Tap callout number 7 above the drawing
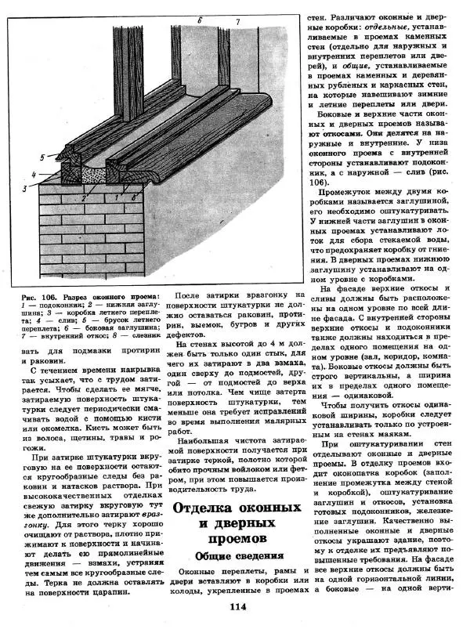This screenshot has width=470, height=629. click(237, 19)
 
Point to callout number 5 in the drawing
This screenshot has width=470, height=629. click(43, 157)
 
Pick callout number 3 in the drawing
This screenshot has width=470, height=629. click(24, 189)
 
